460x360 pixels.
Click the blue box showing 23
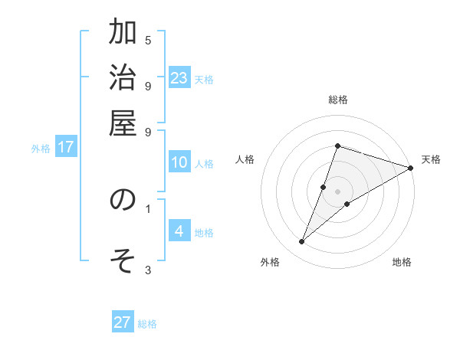tap(179, 77)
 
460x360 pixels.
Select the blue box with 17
tap(66, 147)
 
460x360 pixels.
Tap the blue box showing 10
tap(179, 162)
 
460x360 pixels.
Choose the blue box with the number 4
tap(179, 231)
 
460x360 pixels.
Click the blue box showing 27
tap(123, 322)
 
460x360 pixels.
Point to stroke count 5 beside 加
tap(148, 40)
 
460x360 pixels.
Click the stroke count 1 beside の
tap(148, 208)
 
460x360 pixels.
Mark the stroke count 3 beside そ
tap(148, 269)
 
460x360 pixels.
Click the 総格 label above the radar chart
tap(338, 100)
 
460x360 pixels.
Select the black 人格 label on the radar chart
tap(245, 159)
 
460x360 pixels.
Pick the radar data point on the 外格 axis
tap(302, 242)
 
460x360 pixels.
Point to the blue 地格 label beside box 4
tap(204, 233)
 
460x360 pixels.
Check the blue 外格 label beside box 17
tap(41, 149)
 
